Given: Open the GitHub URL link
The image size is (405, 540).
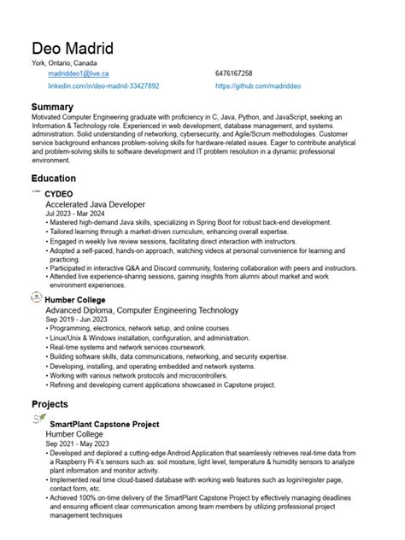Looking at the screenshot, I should coord(263,86).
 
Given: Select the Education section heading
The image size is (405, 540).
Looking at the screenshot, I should coord(54,179).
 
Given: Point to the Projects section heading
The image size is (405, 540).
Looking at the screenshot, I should coord(50,402).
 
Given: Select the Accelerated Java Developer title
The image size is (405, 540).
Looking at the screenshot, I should coord(95,205).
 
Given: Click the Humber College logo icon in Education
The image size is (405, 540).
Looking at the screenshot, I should coord(36,297).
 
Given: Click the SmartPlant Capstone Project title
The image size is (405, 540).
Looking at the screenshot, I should coord(104,424).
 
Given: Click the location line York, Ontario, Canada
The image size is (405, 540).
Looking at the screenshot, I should coord(64,63).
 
